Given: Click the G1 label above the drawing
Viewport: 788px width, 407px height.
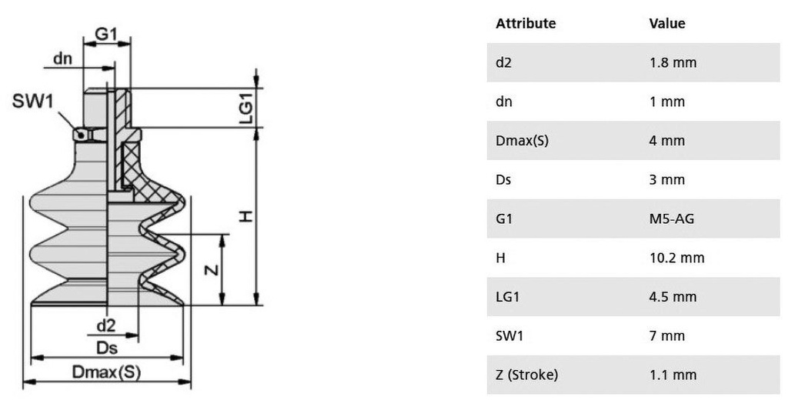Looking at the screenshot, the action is [106, 34].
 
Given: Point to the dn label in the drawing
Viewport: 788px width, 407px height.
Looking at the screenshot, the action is [63, 58].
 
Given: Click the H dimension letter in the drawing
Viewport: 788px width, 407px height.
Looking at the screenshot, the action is [245, 216].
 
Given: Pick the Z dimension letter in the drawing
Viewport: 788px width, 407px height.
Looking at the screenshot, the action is [212, 270].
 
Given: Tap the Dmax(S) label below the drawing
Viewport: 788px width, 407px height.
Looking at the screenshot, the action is [106, 372].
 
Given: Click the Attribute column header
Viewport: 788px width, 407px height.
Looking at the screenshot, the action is [526, 23].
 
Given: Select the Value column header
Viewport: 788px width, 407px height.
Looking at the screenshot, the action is [667, 23].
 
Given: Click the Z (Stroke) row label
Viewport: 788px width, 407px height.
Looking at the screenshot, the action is [526, 375].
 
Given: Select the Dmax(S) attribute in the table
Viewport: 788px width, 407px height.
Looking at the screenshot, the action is [523, 141].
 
